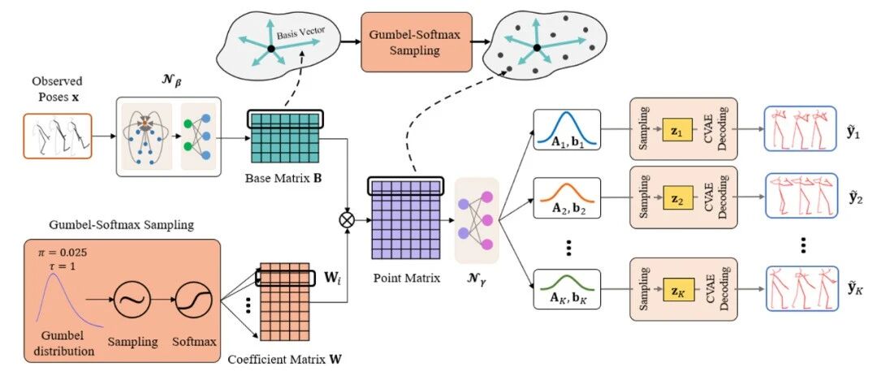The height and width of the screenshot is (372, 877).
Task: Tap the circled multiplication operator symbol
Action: pyautogui.click(x=348, y=220)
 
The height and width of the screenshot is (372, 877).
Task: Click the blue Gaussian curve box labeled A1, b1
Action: pyautogui.click(x=567, y=130)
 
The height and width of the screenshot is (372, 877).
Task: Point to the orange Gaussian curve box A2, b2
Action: pyautogui.click(x=567, y=197)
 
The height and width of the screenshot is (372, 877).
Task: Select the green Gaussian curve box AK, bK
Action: pyautogui.click(x=567, y=289)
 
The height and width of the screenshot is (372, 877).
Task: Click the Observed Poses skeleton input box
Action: pyautogui.click(x=58, y=136)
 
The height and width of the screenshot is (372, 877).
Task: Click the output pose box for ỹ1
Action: pyautogui.click(x=801, y=128)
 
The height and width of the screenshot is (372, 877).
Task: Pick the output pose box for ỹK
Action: pyautogui.click(x=801, y=288)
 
